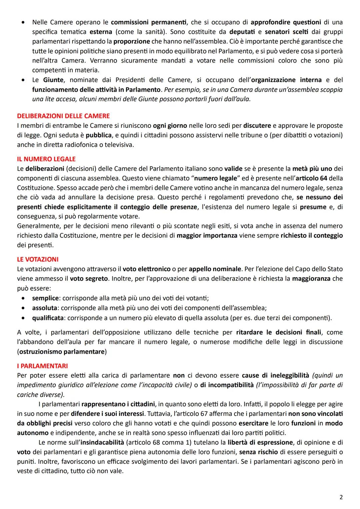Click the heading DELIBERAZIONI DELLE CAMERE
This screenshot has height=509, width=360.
coord(63,116)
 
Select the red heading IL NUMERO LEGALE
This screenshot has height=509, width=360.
coord(46,159)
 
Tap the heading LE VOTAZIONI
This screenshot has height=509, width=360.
coord(38,259)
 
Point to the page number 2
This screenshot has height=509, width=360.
coord(341,497)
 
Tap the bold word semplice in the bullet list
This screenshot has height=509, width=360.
coord(46,298)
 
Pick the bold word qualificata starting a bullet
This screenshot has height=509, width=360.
coord(48,318)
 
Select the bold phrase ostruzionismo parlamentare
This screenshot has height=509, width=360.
coord(62,352)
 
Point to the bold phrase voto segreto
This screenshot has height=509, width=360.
coord(89,278)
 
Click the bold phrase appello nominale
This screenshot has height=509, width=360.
coord(215,269)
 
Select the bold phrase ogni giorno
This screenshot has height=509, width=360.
coord(170,126)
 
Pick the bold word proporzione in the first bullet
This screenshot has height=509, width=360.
coord(132,42)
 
